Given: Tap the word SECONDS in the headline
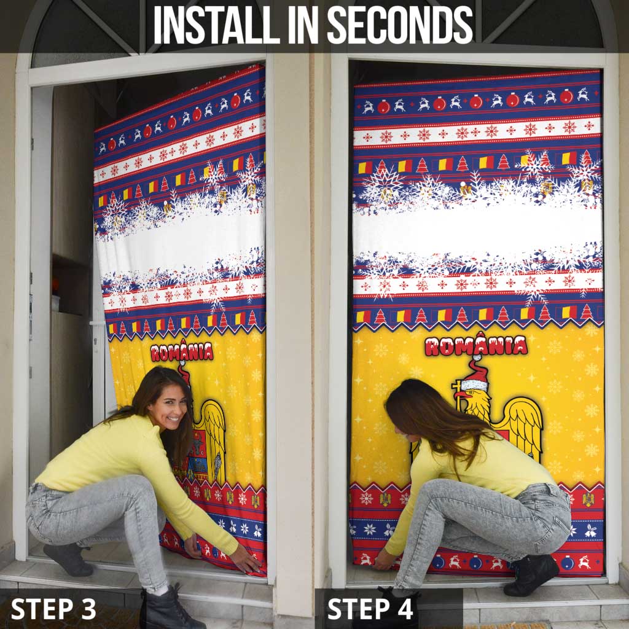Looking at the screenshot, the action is (400, 25).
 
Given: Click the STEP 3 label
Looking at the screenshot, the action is (53, 609).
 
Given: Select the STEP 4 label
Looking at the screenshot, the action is (370, 609).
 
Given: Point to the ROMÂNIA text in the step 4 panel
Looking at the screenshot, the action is (476, 345).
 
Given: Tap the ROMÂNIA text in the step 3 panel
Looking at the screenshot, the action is (182, 351).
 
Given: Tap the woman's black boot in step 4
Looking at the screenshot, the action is (531, 575).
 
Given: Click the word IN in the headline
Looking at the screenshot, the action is (303, 25).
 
